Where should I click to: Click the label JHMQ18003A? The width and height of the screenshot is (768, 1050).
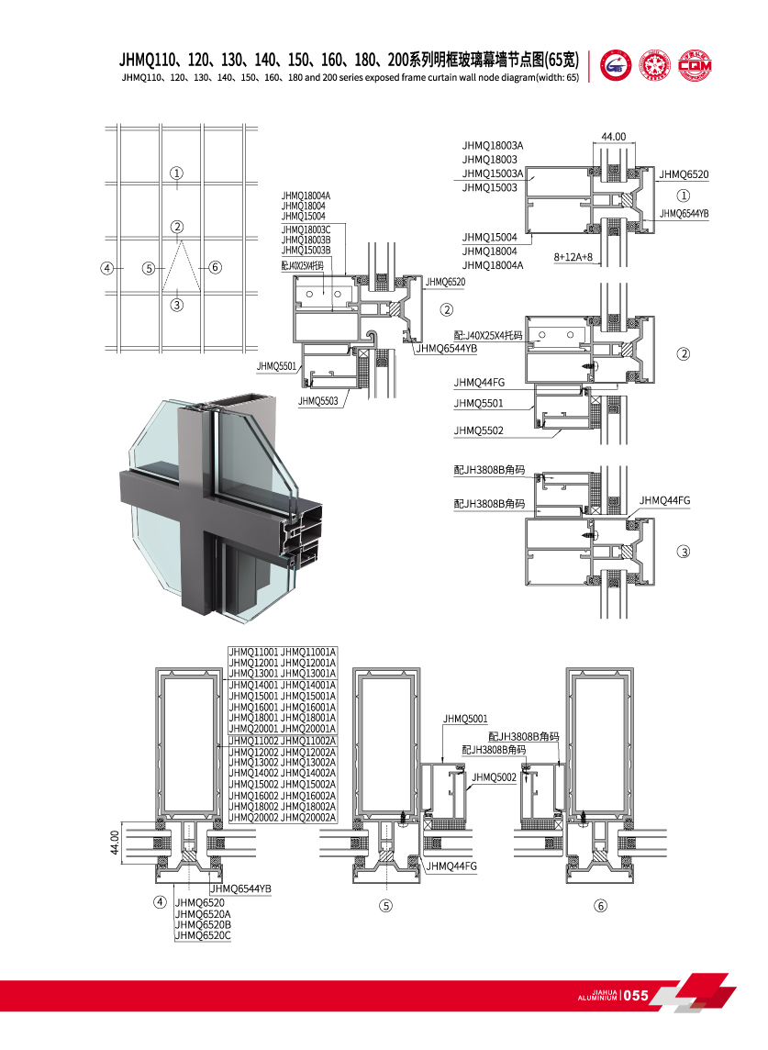[x=493, y=145]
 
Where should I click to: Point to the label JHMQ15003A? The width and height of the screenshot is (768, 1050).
[x=493, y=173]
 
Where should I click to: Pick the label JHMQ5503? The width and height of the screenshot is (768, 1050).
[x=317, y=401]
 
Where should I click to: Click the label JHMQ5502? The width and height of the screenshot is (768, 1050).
[x=478, y=430]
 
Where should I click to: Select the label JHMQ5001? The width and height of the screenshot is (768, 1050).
[x=465, y=719]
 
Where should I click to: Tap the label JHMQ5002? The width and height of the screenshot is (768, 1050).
[x=494, y=777]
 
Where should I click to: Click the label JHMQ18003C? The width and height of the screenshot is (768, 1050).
[x=306, y=229]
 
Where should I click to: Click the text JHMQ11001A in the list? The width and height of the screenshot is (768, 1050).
[x=309, y=651]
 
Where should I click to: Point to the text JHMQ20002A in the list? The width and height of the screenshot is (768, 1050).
[x=309, y=817]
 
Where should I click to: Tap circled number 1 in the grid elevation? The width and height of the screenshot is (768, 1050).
[x=177, y=173]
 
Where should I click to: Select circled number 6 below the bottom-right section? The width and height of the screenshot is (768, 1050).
[x=601, y=906]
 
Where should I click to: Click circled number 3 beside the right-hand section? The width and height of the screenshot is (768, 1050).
[x=683, y=552]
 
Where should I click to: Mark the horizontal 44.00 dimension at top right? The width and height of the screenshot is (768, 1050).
[x=613, y=137]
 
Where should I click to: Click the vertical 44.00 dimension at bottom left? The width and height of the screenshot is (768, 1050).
[x=115, y=843]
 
